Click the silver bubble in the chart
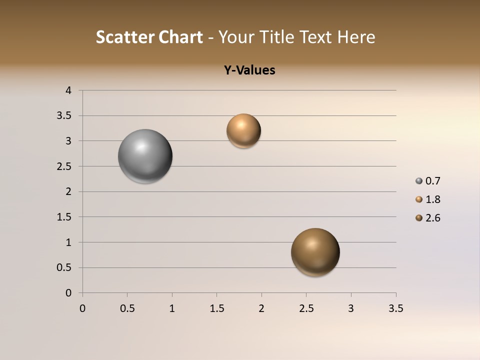click(145, 156)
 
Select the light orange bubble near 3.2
click(243, 131)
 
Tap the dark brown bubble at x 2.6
click(315, 252)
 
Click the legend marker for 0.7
click(419, 181)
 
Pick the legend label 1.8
click(432, 199)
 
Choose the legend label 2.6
click(432, 218)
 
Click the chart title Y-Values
click(249, 70)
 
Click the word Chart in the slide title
click(180, 37)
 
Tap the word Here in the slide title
click(356, 37)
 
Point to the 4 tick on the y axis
click(69, 90)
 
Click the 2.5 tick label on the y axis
click(64, 166)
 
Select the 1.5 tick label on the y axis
click(64, 217)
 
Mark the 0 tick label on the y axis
click(69, 293)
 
